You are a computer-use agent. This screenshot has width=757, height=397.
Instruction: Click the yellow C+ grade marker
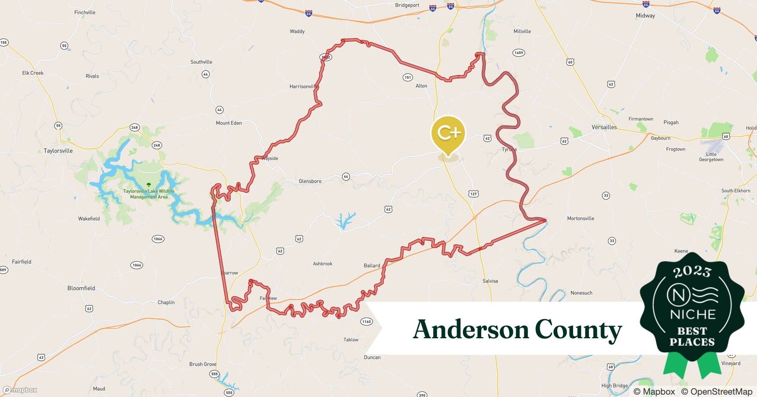[448, 133]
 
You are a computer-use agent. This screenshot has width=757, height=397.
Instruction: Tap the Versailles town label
[604, 127]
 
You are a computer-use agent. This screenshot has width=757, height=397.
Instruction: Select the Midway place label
[645, 16]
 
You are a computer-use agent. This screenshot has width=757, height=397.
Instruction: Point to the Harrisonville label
[304, 87]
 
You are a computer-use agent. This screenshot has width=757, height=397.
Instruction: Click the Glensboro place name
[310, 181]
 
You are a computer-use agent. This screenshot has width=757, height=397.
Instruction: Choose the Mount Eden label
[229, 123]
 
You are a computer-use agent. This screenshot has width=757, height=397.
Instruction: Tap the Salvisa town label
[490, 281]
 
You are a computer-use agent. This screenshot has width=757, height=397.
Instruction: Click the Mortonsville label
[580, 218]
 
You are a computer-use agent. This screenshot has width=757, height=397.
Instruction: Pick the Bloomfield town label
[81, 288]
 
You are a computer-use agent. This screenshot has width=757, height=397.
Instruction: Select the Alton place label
[421, 86]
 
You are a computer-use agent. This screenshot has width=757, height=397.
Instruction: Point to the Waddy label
[297, 31]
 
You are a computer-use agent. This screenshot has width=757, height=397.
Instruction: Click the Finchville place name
[85, 12]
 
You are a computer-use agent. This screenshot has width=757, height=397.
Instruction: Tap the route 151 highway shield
[408, 77]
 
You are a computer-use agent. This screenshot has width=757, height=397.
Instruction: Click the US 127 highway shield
[473, 194]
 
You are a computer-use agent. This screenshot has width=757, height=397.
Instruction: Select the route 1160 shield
[367, 322]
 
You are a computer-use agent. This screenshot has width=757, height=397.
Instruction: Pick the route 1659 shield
[518, 53]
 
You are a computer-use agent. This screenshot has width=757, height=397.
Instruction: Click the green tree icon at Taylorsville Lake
[149, 185]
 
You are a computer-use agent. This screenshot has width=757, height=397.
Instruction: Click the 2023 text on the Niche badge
[692, 272]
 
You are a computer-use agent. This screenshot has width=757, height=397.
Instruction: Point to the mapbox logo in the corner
[20, 390]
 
